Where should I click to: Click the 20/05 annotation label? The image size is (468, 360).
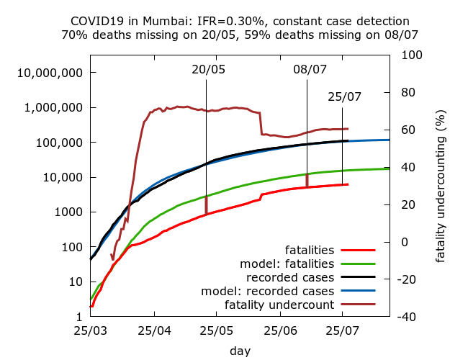click(x=208, y=70)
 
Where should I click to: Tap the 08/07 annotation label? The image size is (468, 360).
click(x=310, y=70)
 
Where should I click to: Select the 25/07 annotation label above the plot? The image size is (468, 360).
click(x=344, y=97)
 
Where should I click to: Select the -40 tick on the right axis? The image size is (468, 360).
click(x=407, y=317)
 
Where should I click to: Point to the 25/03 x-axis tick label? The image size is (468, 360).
click(x=90, y=333)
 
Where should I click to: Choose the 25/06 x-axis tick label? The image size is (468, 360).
click(x=281, y=333)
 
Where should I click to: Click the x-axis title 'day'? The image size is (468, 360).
click(x=240, y=351)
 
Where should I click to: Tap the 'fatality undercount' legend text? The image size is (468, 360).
click(x=279, y=305)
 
